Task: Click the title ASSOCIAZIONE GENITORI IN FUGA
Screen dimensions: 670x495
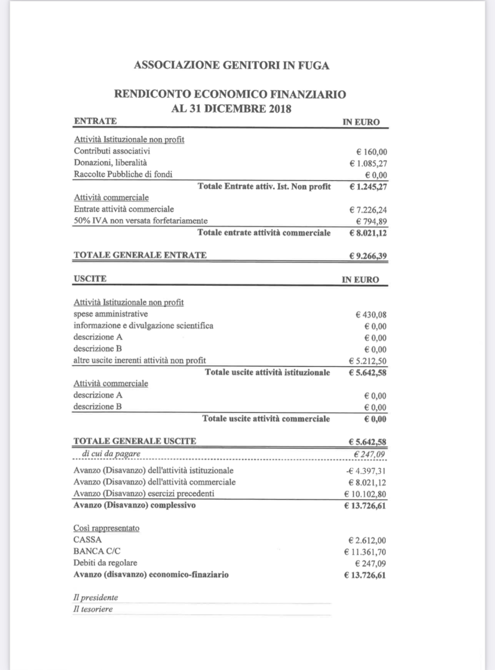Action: tap(231, 65)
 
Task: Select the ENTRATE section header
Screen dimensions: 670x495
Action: tap(95, 121)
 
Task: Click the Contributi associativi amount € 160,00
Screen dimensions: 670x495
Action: tap(371, 152)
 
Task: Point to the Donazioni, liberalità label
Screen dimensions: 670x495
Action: tap(110, 162)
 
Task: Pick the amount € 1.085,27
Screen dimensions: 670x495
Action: tap(368, 163)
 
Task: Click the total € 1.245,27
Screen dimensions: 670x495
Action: tap(368, 187)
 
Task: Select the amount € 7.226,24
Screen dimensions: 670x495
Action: tap(368, 210)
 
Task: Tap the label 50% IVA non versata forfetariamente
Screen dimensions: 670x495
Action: tap(140, 221)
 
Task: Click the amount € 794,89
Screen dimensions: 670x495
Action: tap(371, 221)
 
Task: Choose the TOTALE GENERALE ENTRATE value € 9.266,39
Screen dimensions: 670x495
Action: tap(368, 256)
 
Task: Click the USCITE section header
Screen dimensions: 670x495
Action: tap(90, 279)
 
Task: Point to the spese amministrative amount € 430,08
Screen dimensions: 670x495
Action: tap(371, 315)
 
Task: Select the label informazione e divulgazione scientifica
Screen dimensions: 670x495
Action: tap(143, 325)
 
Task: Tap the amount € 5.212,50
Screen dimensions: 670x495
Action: tap(368, 361)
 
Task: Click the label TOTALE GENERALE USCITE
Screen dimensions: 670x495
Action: tap(135, 441)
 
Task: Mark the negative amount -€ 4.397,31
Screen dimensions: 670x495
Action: tap(366, 471)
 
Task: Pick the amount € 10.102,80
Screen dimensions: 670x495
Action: tap(365, 494)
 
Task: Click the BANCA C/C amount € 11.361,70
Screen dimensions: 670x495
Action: tap(365, 552)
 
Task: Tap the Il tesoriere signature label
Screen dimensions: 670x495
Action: tap(93, 609)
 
